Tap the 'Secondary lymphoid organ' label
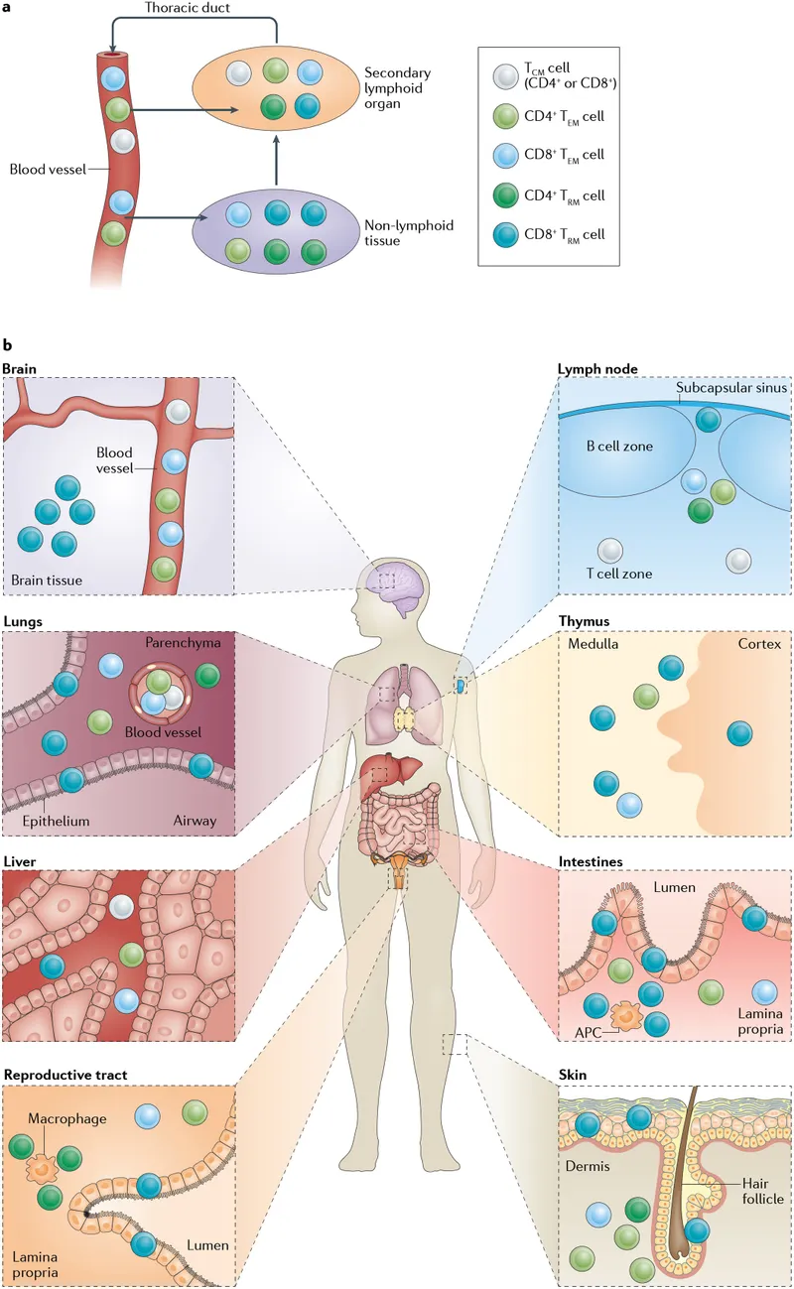[398, 87]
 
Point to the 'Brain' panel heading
[20, 369]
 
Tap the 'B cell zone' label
[617, 447]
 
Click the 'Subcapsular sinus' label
[732, 388]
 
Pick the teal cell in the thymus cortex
[739, 734]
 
